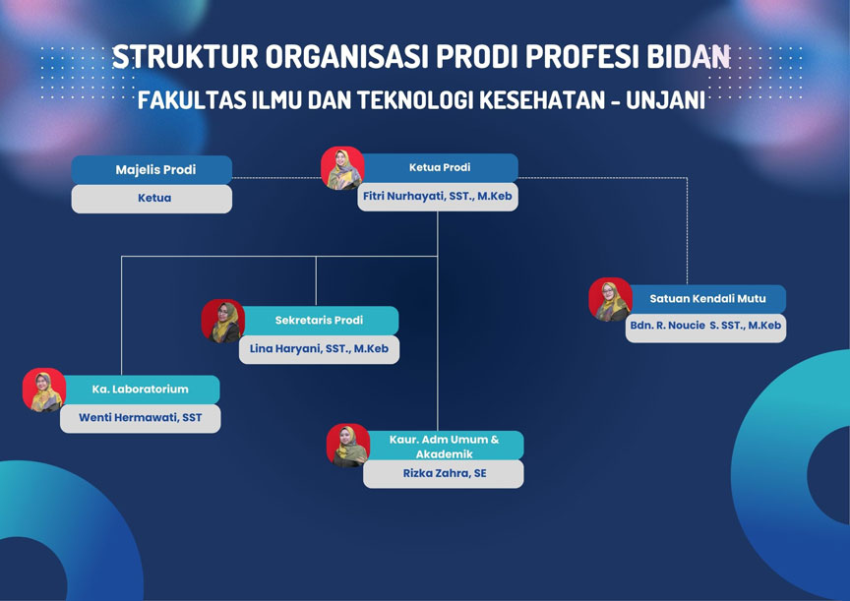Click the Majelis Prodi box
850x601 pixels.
152,169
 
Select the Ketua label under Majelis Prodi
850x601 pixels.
152,198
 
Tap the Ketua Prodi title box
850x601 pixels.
439,168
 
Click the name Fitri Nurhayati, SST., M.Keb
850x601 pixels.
437,197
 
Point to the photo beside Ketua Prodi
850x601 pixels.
342,168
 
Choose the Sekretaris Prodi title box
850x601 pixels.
319,321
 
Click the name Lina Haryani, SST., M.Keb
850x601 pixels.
319,349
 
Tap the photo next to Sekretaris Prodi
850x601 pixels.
223,321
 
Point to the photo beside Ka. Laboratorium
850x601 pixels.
44,390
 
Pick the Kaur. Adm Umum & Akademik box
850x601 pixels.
443,447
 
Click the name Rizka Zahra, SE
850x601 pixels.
443,474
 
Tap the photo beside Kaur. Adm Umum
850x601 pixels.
347,445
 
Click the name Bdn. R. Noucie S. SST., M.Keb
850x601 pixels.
705,328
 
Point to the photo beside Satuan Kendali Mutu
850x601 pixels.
610,299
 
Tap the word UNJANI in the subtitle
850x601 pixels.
669,100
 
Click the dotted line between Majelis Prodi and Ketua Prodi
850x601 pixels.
276,178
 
